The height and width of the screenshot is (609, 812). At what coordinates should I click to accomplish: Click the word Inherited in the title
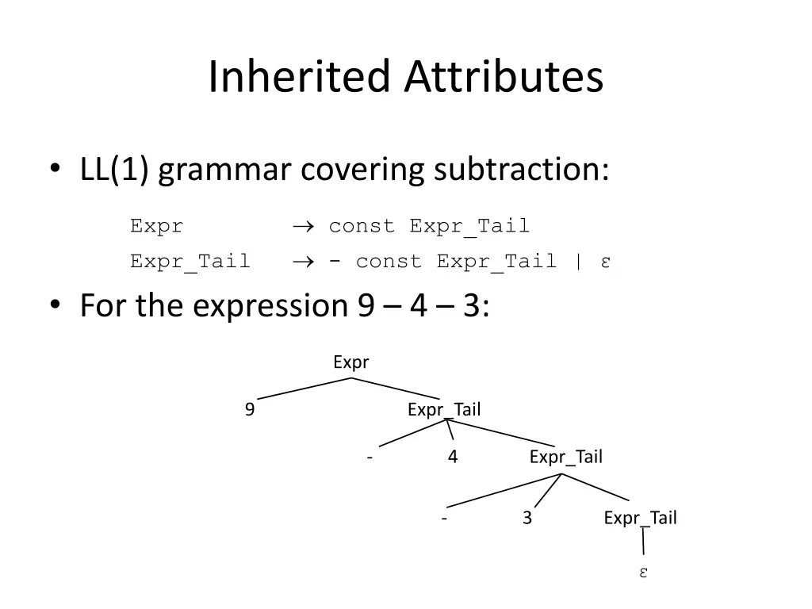[301, 78]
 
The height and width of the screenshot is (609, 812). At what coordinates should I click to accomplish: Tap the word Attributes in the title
[504, 78]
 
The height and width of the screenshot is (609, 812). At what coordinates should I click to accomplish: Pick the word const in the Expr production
[362, 226]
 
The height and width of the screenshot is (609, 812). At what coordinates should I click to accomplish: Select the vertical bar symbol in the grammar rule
[577, 261]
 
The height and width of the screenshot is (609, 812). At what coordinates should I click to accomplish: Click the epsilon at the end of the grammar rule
[605, 262]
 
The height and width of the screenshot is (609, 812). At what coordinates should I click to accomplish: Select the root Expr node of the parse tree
[350, 362]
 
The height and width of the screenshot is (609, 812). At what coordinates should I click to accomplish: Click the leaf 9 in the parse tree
[250, 410]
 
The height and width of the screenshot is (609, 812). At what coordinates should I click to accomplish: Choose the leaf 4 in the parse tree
[452, 457]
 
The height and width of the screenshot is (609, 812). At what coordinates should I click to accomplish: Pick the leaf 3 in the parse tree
[527, 519]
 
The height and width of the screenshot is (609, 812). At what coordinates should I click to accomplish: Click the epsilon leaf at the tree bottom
[644, 573]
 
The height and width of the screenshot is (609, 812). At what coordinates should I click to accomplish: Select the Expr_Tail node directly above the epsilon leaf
[640, 519]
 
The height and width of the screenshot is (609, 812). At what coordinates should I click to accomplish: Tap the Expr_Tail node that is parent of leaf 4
[444, 410]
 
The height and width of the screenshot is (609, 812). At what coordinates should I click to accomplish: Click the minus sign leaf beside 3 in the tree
[444, 519]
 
